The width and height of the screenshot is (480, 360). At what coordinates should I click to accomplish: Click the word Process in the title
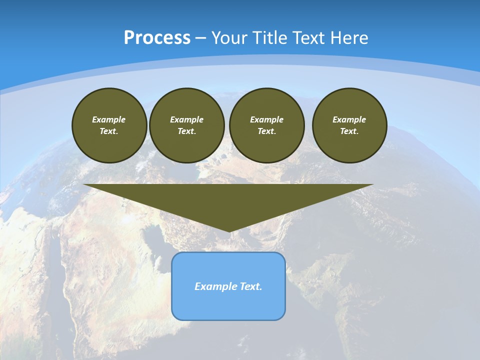point(157,37)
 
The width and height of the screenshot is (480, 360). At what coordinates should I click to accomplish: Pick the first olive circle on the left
point(109,125)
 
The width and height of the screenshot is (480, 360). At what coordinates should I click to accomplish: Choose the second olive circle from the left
point(186,125)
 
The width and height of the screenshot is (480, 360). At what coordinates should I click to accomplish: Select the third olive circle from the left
point(266,125)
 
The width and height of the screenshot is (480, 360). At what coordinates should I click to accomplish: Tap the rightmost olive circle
point(349,125)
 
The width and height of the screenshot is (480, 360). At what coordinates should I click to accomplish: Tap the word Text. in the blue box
point(250,286)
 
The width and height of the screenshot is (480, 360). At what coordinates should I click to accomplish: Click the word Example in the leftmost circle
point(109,119)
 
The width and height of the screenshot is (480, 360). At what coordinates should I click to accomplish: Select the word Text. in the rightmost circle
point(349,131)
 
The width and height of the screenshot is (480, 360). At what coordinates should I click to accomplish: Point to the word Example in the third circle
point(266,119)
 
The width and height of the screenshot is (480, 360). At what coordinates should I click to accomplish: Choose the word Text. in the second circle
point(186,131)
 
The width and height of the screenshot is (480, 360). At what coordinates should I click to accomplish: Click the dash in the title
point(200,38)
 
